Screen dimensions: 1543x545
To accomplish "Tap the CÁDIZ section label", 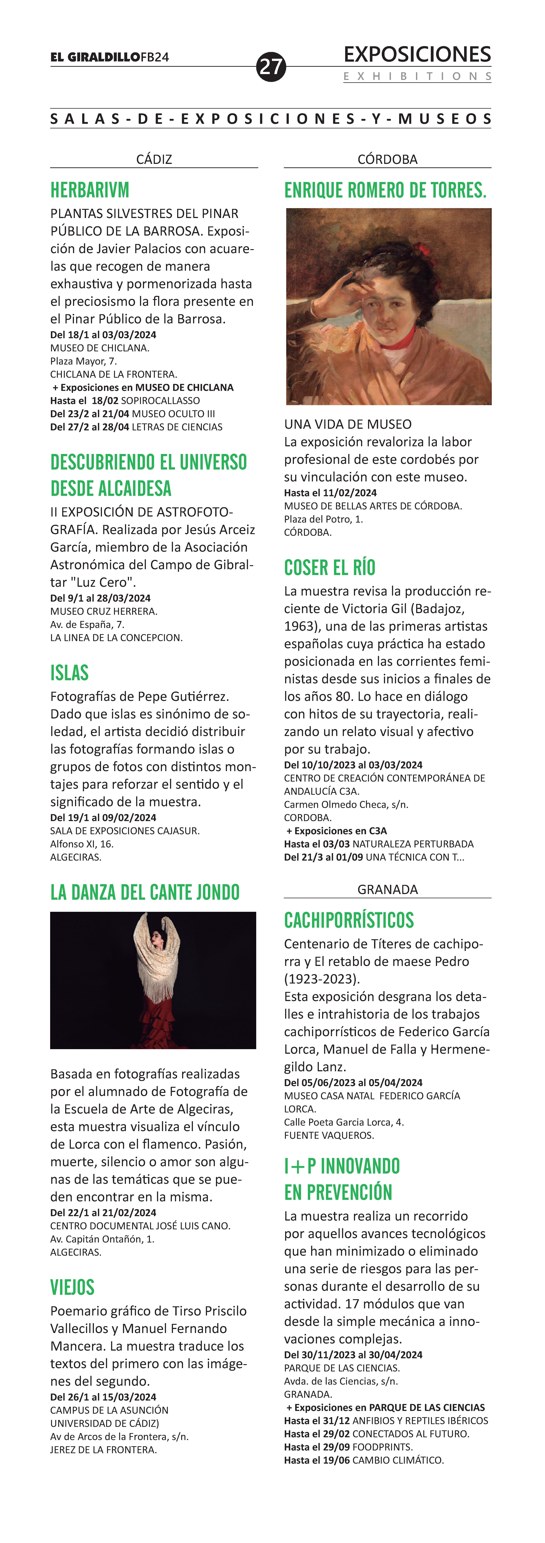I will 154,159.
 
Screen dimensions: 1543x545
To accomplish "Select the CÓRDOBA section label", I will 387,159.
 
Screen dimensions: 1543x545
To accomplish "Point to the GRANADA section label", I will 387,889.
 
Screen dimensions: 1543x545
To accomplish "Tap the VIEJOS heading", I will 72,1287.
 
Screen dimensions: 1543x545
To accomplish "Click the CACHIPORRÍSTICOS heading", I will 349,920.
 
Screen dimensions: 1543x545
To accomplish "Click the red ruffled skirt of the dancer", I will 157,1021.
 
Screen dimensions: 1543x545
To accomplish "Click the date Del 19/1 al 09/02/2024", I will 103,818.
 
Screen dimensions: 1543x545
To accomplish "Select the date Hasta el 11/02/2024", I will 330,493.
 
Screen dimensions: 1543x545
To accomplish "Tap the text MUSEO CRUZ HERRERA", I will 104,612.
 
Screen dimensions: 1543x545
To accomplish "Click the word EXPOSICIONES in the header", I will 417,55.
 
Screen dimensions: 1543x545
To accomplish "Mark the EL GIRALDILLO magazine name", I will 95,57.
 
